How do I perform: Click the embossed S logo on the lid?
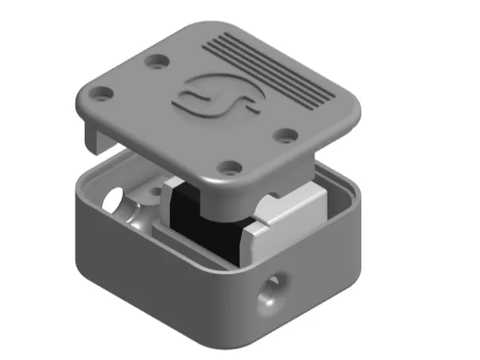[214, 98]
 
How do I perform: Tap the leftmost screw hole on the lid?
[101, 97]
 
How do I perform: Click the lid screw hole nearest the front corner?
[230, 167]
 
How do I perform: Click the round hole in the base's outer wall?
[273, 288]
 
